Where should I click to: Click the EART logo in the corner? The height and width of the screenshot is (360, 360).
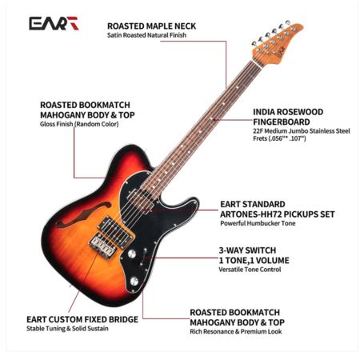point(54,23)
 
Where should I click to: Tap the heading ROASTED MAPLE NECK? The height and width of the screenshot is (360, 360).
point(151,26)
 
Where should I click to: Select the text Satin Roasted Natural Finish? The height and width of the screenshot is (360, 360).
point(146,35)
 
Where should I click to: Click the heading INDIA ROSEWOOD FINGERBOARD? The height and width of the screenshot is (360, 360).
point(288,117)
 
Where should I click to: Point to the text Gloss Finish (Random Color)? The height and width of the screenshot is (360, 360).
point(79,124)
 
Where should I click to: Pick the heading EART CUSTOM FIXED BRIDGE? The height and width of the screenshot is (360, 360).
point(82,319)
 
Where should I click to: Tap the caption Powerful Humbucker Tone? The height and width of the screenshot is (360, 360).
point(258,223)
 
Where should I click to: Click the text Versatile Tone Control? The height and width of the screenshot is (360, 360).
point(250,270)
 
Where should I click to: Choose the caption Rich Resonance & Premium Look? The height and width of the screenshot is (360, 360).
point(236,331)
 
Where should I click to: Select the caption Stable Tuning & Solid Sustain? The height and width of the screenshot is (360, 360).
point(67,328)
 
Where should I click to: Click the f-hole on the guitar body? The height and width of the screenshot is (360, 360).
point(82,214)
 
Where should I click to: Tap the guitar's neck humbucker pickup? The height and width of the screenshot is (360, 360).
point(141,200)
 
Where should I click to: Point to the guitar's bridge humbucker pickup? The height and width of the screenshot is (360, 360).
point(115,231)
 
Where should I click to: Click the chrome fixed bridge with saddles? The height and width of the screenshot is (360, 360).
point(103,246)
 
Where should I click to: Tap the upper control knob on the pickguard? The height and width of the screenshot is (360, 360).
point(132,254)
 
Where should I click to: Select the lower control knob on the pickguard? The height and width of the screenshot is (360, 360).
point(134,281)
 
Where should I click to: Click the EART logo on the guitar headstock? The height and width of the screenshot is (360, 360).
point(282,52)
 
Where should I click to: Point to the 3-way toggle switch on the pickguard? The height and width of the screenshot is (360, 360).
point(144,254)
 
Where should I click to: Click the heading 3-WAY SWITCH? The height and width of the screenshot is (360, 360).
point(247,250)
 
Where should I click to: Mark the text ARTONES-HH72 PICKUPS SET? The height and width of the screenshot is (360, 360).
point(277,214)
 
